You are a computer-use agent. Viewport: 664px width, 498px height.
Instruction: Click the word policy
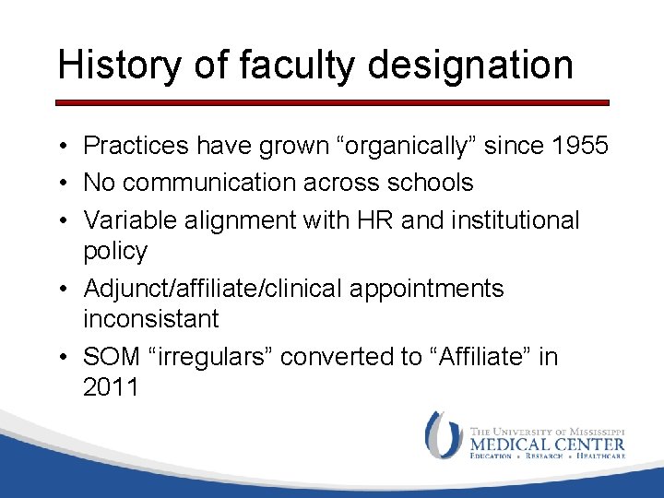click(x=115, y=251)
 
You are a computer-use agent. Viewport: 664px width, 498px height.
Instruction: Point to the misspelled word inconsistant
click(x=151, y=319)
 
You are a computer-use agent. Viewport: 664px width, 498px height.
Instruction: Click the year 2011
click(x=111, y=387)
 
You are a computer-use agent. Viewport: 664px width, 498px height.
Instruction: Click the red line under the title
click(x=332, y=102)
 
